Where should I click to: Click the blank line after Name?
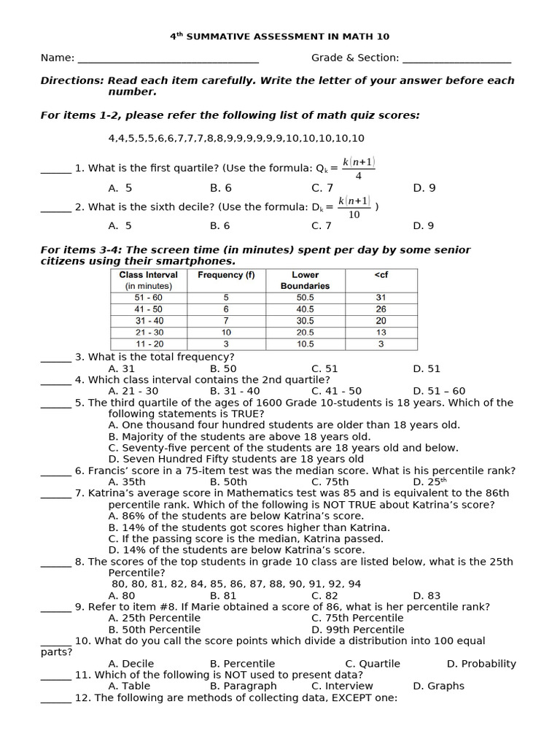click(168, 59)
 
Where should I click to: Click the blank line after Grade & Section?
click(456, 59)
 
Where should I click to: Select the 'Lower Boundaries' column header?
click(305, 280)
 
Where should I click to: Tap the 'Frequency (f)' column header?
click(226, 275)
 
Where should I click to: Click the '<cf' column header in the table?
click(381, 275)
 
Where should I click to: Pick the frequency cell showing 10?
click(226, 332)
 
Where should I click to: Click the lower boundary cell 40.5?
click(305, 309)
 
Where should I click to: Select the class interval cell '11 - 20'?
click(149, 344)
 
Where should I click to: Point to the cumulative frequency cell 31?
click(381, 298)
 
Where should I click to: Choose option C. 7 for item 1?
click(322, 188)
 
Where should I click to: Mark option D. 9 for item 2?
click(424, 226)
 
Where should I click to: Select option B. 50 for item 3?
click(223, 369)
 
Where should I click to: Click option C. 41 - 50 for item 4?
click(336, 391)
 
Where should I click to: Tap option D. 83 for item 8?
click(427, 595)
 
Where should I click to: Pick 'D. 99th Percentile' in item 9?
click(357, 630)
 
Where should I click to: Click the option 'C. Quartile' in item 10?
click(373, 664)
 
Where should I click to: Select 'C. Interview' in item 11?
click(337, 686)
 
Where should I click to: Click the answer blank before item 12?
click(56, 699)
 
